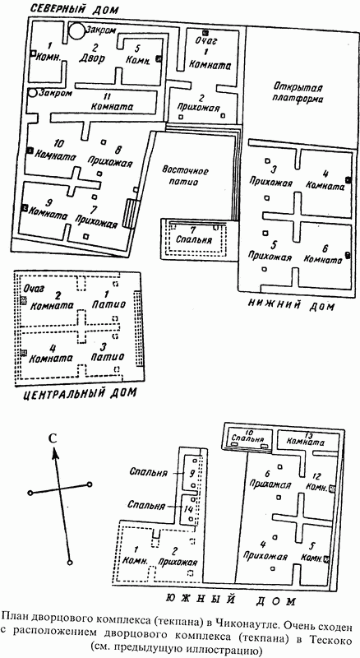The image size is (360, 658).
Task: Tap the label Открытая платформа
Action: (x=298, y=94)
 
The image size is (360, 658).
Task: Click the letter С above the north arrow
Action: (x=52, y=438)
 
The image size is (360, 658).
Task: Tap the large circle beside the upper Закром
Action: (x=76, y=31)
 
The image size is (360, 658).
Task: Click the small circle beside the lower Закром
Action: (x=33, y=93)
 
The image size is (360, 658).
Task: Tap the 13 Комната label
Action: (x=302, y=439)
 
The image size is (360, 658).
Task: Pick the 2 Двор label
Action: (x=92, y=53)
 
